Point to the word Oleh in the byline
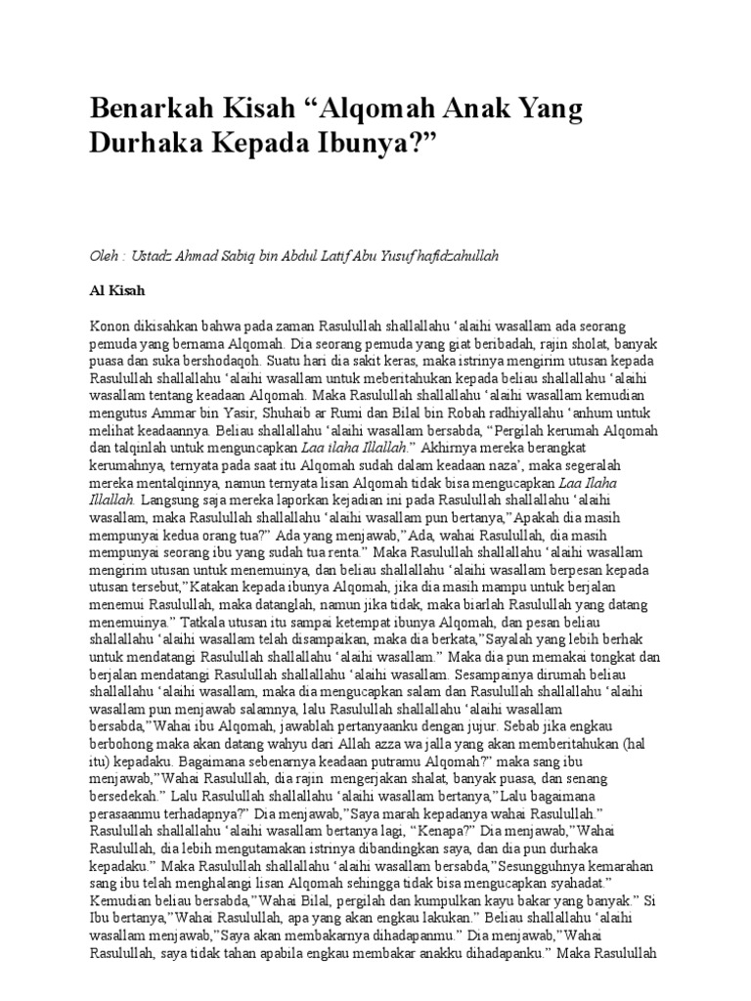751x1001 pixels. [103, 255]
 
